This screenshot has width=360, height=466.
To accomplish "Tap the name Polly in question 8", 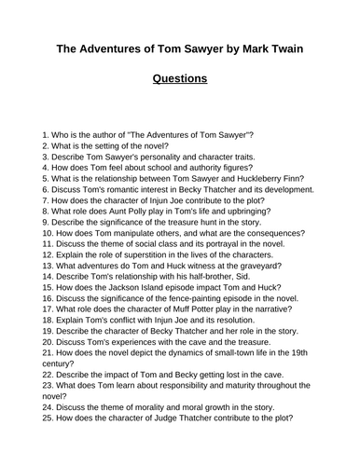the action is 127,210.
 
